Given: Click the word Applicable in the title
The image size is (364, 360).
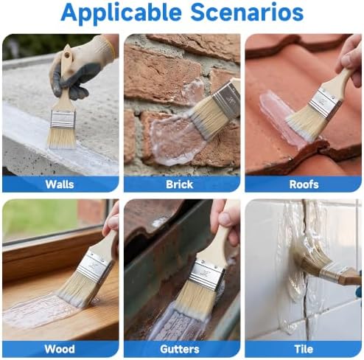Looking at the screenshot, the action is point(122,13).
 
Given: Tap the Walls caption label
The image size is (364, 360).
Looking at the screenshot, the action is point(60,184).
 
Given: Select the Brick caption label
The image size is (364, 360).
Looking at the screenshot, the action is point(180,184).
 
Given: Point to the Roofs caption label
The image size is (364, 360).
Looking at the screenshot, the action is point(304,184).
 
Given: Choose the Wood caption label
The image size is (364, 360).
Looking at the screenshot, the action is point(60,349).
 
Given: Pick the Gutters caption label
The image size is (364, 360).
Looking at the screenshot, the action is point(180,349).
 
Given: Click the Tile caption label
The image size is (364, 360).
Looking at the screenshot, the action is point(304,349).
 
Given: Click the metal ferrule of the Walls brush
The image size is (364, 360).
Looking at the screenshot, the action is point(63,120).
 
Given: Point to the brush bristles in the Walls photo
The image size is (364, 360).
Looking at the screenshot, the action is point(62,139).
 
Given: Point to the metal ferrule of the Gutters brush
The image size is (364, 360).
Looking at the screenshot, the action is point(208,275).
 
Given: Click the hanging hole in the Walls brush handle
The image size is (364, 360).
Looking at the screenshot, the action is point(66,55).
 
